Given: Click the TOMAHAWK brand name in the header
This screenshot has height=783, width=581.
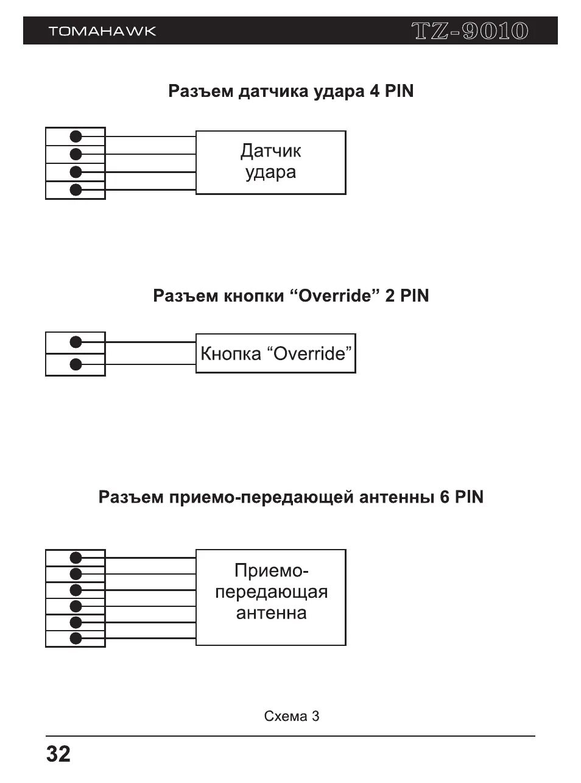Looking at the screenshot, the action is (102, 31).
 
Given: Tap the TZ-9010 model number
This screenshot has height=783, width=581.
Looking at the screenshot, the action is (470, 31).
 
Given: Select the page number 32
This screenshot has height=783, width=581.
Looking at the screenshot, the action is (58, 754).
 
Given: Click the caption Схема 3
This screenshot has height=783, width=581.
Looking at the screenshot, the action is (292, 716).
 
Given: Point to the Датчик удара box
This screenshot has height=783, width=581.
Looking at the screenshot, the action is (270, 162).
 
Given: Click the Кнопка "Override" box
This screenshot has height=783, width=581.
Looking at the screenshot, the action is (275, 353).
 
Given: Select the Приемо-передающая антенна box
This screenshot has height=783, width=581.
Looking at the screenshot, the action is (270, 597).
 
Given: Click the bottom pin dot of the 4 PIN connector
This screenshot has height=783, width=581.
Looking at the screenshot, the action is (76, 190).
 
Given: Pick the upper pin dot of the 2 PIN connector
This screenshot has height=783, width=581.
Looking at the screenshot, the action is (76, 342).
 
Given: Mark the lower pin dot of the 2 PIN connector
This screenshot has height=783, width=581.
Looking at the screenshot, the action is (76, 365).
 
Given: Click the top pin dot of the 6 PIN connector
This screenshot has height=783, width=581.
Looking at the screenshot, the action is (76, 558).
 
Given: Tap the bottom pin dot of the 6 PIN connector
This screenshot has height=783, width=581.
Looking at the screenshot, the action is (76, 639).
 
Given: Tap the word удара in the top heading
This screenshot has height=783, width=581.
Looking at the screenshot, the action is (338, 92).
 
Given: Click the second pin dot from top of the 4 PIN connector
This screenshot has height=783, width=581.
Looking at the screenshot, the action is (76, 154).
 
